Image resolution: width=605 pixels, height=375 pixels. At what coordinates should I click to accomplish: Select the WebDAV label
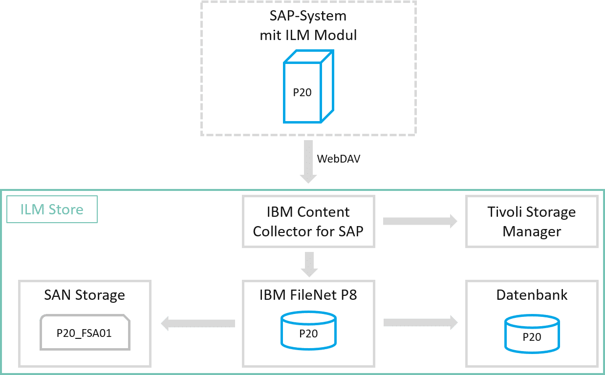(339, 159)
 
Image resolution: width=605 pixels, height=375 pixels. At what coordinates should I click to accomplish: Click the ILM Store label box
(52, 209)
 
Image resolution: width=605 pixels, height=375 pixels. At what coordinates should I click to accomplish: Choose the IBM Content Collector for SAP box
(308, 221)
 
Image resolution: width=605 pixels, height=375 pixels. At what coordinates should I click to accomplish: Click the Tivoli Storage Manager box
(532, 221)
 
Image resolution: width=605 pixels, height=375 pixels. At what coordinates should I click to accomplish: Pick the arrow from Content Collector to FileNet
(308, 264)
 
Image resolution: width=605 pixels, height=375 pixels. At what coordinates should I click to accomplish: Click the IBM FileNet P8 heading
(308, 295)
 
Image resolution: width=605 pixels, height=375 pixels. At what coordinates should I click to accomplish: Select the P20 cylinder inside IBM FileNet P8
(308, 330)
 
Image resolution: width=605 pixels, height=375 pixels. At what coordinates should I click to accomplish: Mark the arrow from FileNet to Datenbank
(420, 323)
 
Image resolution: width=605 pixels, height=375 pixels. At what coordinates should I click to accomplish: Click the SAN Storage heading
(85, 295)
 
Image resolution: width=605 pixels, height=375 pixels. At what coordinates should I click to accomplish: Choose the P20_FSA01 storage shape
(85, 333)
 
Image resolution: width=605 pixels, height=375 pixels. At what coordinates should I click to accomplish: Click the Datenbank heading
(532, 295)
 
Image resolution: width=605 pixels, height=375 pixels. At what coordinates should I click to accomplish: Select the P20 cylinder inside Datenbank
(532, 334)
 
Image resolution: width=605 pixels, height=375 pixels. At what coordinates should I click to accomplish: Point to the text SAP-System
(308, 16)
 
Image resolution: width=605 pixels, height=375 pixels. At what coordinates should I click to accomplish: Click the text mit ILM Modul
(308, 35)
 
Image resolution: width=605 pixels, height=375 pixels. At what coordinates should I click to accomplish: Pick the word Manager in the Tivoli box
(532, 231)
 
